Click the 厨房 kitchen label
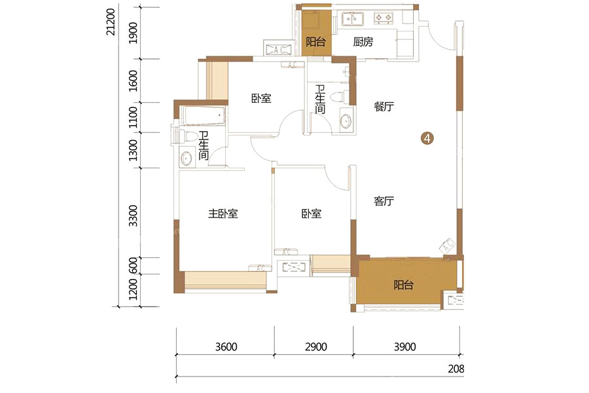(363, 42)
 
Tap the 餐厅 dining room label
(384, 106)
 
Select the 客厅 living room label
(384, 201)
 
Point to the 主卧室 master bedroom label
(223, 214)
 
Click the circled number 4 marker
(427, 138)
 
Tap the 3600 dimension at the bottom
(226, 346)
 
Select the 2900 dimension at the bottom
(316, 346)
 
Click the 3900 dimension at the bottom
(405, 346)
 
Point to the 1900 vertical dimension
(133, 33)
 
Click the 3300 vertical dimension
(133, 216)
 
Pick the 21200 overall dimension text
(111, 22)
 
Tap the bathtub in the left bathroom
(204, 115)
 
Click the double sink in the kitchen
(352, 18)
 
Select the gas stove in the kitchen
(384, 18)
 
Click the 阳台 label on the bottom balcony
(403, 285)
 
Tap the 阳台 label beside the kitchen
(315, 41)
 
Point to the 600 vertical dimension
(133, 266)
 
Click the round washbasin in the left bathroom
(186, 159)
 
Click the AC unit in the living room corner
(447, 246)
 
